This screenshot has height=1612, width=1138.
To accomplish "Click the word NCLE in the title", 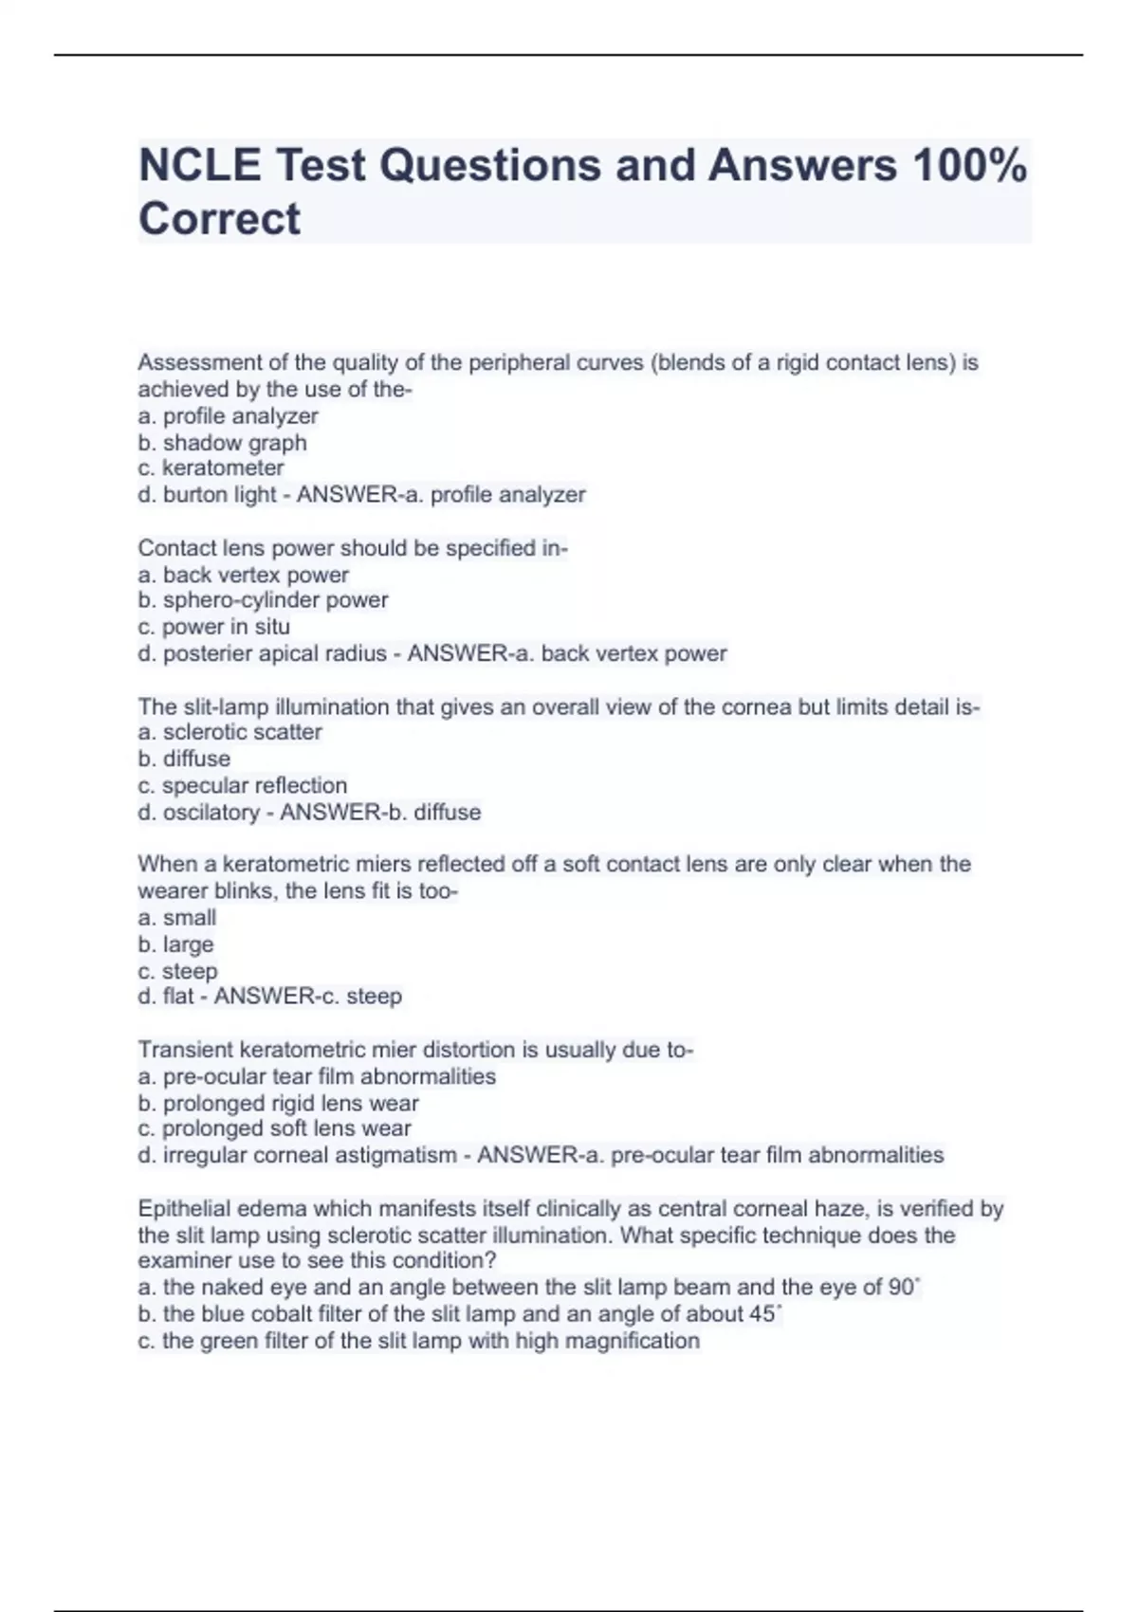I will click(x=199, y=166).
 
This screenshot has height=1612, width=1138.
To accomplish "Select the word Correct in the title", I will click(x=219, y=219).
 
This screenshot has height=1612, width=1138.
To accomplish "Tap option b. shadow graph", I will click(x=222, y=443).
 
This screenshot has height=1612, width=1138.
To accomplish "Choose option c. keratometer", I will click(x=211, y=468).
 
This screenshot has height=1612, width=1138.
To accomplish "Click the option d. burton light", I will click(x=207, y=495).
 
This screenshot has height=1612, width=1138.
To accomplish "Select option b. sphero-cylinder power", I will click(x=263, y=600).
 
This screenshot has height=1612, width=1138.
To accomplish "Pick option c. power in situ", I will click(x=213, y=627).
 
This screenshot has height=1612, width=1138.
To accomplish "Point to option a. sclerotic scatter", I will click(x=229, y=732).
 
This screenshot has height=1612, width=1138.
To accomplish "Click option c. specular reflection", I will click(x=242, y=786).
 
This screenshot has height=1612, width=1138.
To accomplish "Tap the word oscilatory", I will click(x=211, y=813).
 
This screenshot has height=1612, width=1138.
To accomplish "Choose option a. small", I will click(x=176, y=918).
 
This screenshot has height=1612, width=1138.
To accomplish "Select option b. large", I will click(x=175, y=944).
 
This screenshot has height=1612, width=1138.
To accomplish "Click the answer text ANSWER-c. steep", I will click(x=308, y=997).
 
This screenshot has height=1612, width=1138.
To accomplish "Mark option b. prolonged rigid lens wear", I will click(x=278, y=1104).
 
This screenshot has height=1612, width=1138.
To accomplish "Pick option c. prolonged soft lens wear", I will click(x=274, y=1129).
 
